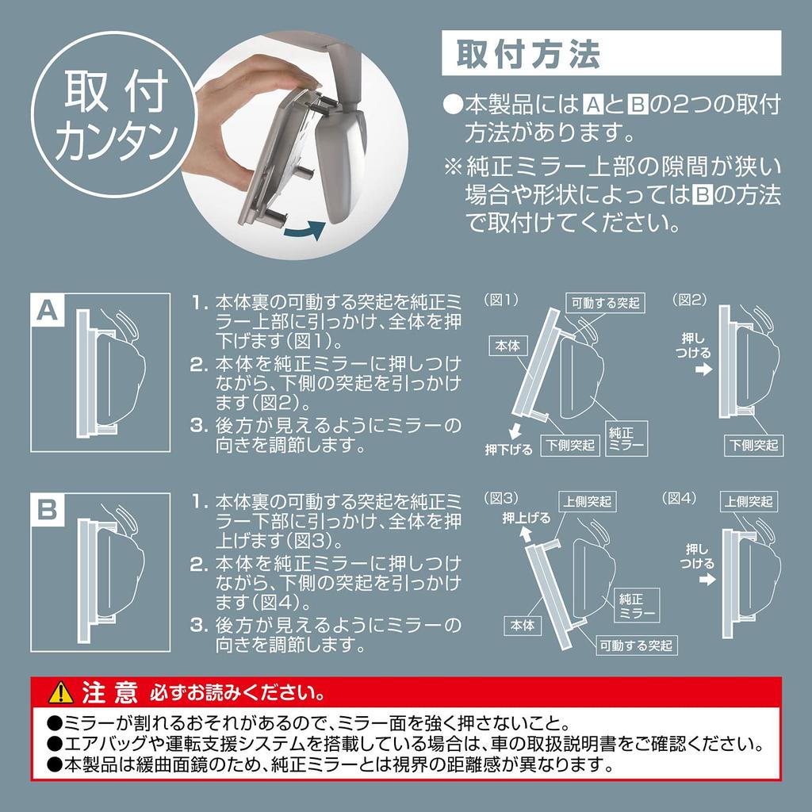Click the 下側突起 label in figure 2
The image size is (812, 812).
pos(753,445)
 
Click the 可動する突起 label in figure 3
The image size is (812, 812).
pos(636,645)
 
